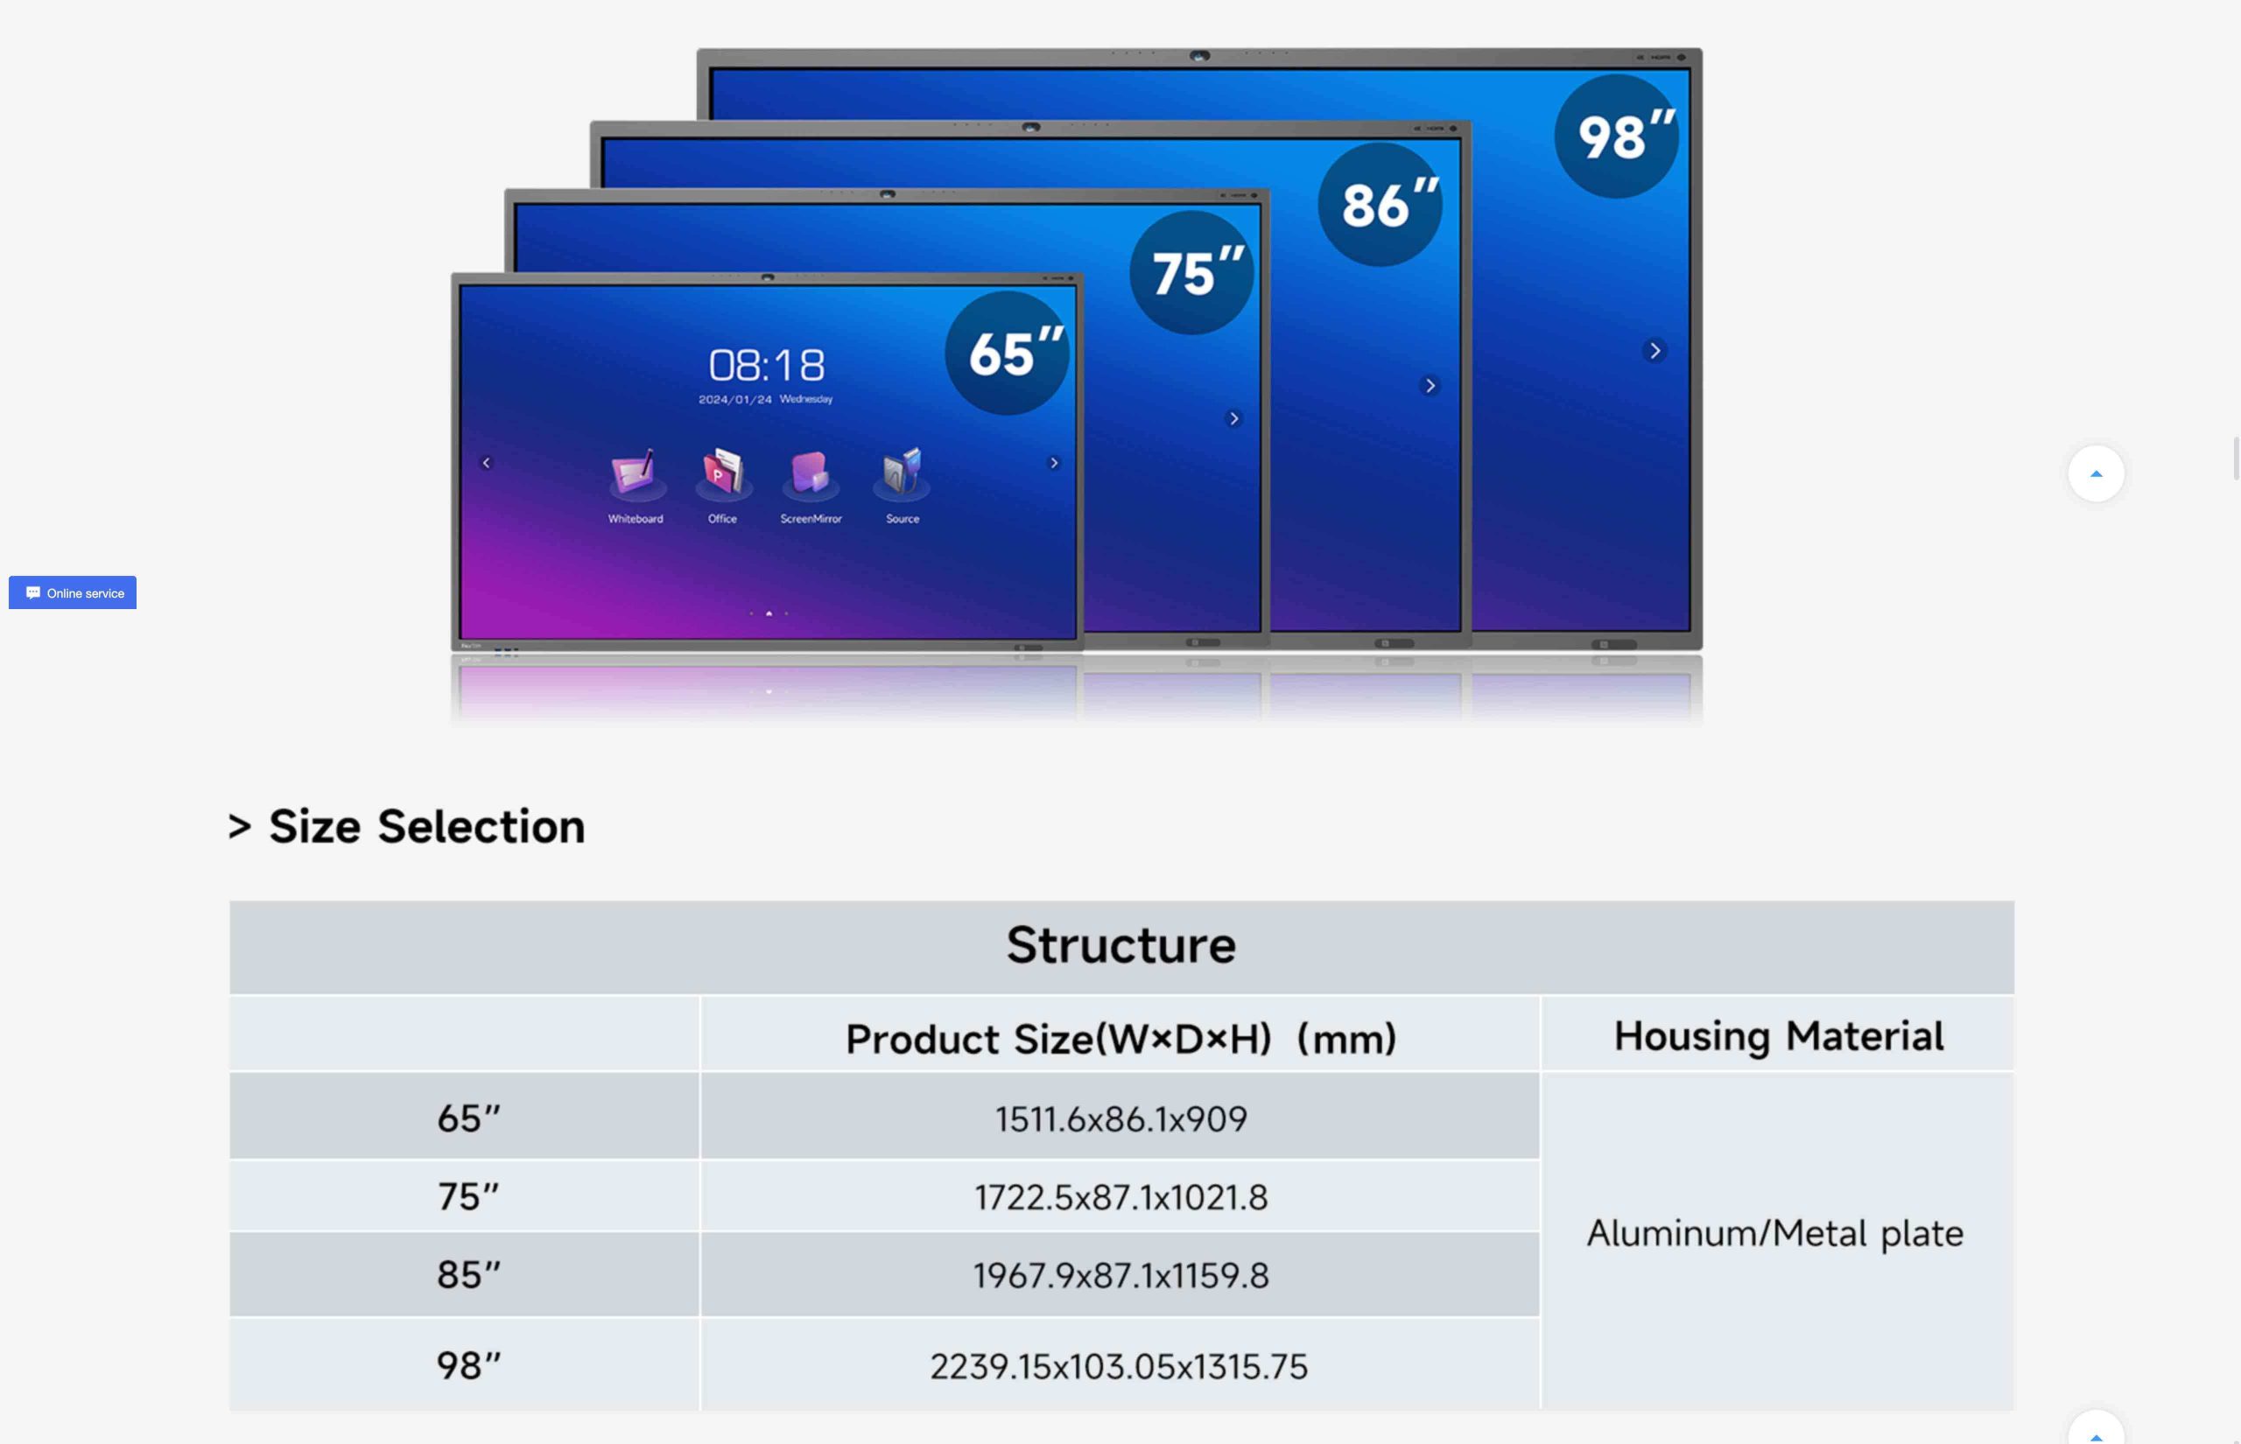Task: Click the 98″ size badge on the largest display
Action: coord(1616,136)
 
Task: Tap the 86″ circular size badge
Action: coord(1380,205)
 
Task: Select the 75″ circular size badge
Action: coord(1191,273)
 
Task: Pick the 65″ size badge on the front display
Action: coord(1007,353)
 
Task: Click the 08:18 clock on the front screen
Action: coord(767,365)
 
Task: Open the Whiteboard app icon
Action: coord(635,473)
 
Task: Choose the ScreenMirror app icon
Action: coord(810,473)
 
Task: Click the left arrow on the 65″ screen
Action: coord(486,462)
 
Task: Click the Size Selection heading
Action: coord(407,826)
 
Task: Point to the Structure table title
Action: coord(1121,944)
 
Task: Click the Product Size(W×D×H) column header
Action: coord(1121,1039)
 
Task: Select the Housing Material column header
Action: coord(1779,1036)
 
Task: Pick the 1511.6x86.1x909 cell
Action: coord(1121,1118)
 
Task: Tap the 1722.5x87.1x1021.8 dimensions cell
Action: coord(1121,1197)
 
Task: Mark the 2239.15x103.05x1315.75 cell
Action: coord(1119,1366)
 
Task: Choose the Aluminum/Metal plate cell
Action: coord(1775,1233)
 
